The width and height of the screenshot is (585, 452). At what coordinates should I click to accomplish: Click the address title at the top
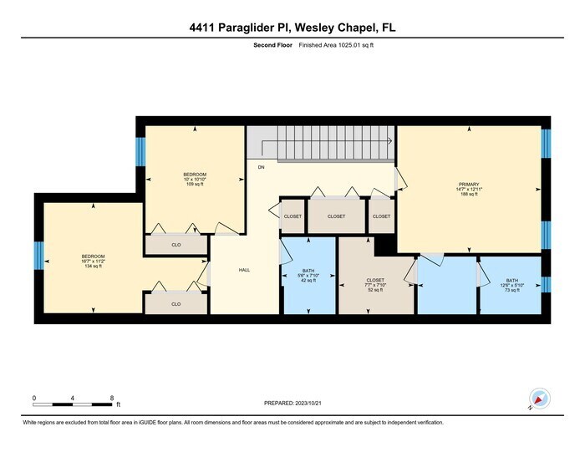coord(292,28)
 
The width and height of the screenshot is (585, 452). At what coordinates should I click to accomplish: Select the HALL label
coord(244,270)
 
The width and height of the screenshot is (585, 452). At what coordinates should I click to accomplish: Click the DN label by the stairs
coord(261,167)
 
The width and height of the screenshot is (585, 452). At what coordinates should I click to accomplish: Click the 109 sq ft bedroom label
coord(195,179)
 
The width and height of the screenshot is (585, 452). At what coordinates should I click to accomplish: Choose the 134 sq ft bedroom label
coord(93,261)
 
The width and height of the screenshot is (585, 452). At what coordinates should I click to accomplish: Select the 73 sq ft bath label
coord(511,286)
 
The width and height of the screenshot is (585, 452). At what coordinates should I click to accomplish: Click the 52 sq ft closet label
coord(375,285)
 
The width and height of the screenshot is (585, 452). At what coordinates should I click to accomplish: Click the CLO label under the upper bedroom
coord(175,245)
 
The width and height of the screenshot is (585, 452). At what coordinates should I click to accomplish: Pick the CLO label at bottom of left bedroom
coord(175,304)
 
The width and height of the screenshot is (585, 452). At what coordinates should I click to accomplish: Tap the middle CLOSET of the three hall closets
coord(336,216)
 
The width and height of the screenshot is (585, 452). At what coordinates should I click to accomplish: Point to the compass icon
coord(540,399)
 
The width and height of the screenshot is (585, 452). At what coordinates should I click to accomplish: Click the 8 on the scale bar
coord(111,398)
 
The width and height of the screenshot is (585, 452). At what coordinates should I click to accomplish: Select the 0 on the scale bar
coord(34,398)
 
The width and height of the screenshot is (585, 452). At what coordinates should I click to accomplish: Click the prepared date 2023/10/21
coord(292,404)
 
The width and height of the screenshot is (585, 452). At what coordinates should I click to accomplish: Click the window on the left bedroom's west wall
coord(38,255)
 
